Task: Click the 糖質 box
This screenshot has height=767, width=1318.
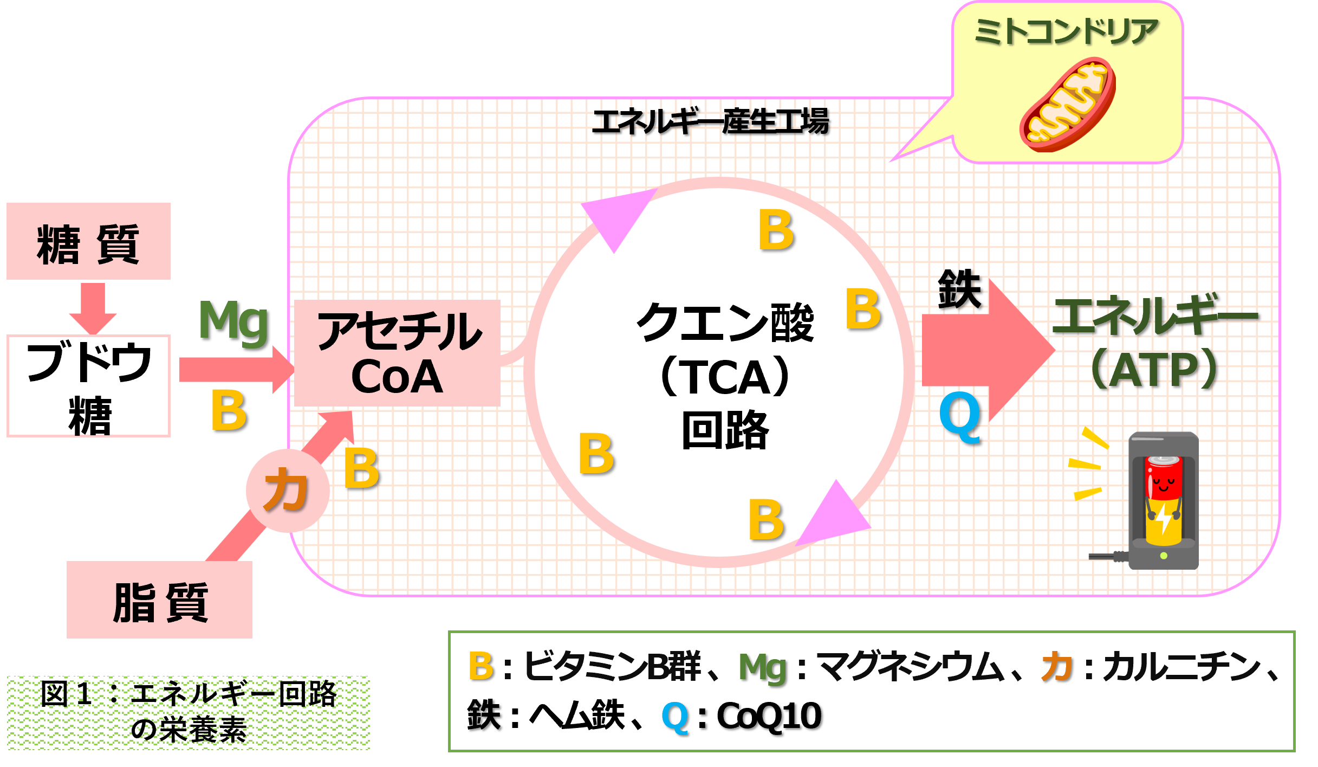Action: pos(88,241)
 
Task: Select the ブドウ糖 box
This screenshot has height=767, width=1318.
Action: pos(88,385)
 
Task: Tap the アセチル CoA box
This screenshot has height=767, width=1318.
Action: pos(397,353)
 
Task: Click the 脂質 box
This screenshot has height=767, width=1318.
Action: pos(159,600)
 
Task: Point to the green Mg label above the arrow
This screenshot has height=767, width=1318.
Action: pos(233,321)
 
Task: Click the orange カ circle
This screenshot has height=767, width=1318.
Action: pos(288,491)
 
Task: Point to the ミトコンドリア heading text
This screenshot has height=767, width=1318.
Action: pos(1066,31)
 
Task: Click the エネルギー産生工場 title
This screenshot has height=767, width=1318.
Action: pos(710,121)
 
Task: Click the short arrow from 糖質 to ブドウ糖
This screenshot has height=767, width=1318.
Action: pos(93,308)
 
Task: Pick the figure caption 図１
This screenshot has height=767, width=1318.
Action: pos(189,712)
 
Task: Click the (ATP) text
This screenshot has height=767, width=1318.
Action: pos(1154,370)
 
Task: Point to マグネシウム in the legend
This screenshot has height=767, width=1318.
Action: pos(910,666)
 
